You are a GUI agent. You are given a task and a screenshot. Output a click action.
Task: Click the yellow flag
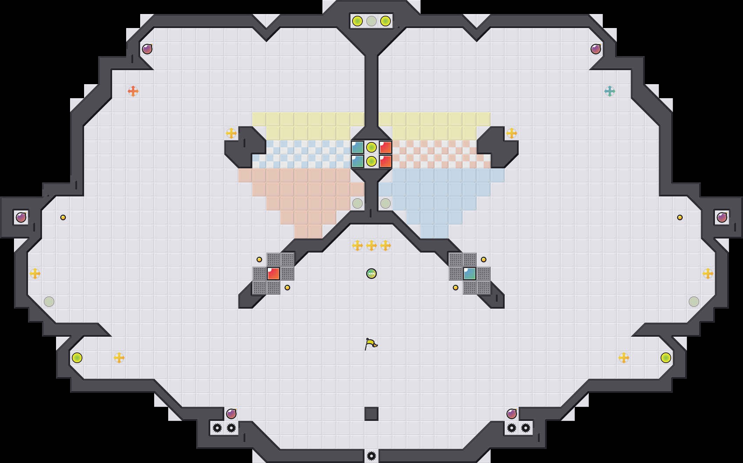[371, 344]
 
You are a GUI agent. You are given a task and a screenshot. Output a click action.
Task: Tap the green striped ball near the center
[371, 274]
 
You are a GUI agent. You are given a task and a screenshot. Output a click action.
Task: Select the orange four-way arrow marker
[133, 91]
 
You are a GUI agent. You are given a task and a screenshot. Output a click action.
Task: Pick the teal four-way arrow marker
[610, 91]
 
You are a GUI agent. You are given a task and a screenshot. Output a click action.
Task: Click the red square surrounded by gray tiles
[273, 274]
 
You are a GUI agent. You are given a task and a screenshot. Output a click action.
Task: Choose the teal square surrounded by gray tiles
[470, 274]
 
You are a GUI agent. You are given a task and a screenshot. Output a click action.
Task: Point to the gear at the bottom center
[371, 456]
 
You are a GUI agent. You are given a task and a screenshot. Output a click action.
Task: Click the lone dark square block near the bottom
[371, 414]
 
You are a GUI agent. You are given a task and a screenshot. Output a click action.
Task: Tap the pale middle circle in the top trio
[371, 21]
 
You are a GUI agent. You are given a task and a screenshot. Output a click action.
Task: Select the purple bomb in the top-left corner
[147, 49]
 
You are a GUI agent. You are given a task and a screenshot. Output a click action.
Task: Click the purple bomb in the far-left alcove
[21, 217]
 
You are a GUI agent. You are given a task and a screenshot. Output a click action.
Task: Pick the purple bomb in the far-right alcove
[722, 217]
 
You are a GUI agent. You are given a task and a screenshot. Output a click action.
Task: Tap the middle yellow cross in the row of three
[371, 246]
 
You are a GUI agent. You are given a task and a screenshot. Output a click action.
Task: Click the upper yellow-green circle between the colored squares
[371, 147]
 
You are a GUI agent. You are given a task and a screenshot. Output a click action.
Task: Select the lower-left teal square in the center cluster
[357, 161]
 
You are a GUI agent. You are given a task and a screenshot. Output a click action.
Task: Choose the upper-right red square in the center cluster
[386, 147]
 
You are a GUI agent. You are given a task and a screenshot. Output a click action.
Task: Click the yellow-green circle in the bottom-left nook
[77, 358]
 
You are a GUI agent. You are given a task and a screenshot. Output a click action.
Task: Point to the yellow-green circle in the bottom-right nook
[666, 358]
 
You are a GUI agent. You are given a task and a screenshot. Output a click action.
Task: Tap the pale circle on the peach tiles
[357, 203]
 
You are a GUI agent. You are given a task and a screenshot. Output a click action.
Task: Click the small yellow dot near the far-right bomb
[680, 217]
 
